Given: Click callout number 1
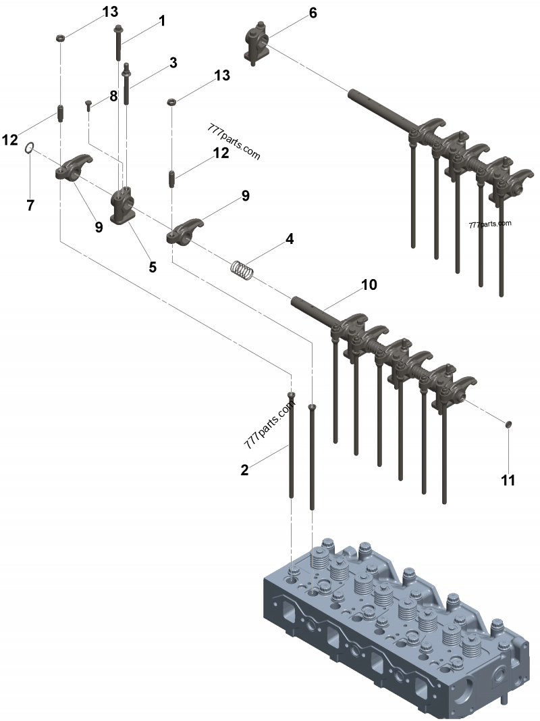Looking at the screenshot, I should click(x=162, y=22).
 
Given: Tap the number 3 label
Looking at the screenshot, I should click(x=173, y=63).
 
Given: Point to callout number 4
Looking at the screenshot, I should click(x=289, y=239).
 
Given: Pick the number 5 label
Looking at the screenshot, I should click(x=153, y=267).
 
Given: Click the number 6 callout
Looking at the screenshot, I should click(x=312, y=13).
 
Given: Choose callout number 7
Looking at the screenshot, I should click(x=30, y=205).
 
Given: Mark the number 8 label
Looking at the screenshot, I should click(x=113, y=96).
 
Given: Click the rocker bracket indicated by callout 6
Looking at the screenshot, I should click(x=256, y=43).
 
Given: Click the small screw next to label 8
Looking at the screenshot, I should click(x=88, y=104).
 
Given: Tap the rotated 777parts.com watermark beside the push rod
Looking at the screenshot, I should click(x=271, y=427).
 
